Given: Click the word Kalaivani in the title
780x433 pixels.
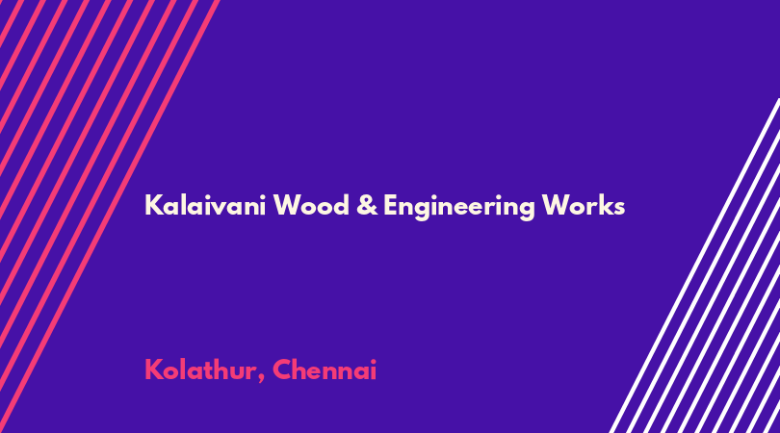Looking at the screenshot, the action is click(205, 205).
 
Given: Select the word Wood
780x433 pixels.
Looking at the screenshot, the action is click(311, 205).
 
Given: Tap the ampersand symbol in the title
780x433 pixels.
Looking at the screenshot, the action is click(367, 206).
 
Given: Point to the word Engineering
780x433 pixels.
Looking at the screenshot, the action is click(458, 207).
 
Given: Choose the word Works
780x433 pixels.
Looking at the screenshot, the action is click(583, 205).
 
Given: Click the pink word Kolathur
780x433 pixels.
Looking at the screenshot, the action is click(201, 369).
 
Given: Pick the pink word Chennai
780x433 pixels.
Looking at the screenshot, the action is click(325, 369).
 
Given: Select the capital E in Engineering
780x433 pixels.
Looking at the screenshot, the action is click(391, 205).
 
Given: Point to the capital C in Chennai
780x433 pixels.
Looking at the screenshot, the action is click(282, 369).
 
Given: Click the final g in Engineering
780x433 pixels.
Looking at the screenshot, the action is click(526, 210).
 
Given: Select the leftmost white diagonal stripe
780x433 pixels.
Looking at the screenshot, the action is click(694, 266).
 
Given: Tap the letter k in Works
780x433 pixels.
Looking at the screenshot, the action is click(606, 205).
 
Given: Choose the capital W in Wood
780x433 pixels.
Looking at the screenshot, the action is click(289, 205).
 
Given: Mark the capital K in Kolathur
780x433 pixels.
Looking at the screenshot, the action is click(154, 369).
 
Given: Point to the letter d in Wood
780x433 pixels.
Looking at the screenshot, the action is click(341, 205).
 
